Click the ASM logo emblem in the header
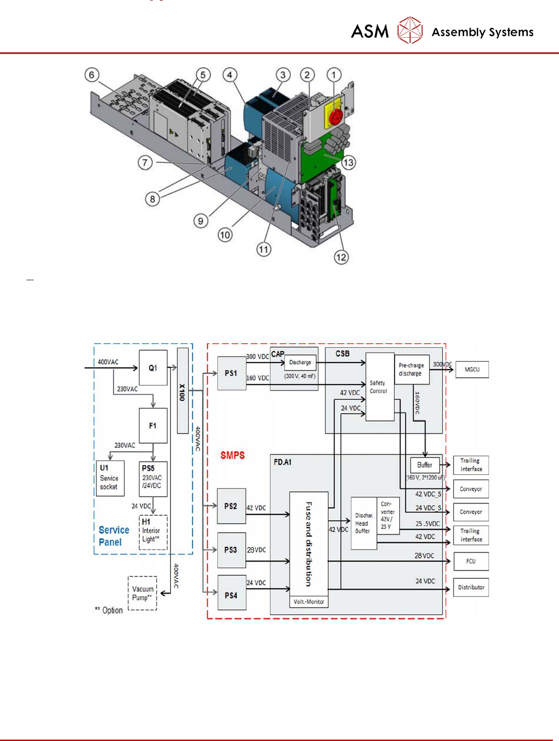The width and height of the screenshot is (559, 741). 410,30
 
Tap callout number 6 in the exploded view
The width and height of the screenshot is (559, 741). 92,75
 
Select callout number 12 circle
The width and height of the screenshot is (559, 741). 341,257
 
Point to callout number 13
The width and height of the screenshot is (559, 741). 348,163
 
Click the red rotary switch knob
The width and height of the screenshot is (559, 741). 335,117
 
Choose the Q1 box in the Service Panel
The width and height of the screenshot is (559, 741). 153,368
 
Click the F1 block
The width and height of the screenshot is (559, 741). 153,426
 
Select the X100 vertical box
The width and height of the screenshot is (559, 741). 183,390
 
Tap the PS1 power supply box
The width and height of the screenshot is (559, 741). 232,373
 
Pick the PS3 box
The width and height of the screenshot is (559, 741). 231,550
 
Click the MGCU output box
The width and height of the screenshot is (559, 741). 472,370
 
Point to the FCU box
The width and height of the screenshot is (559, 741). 471,561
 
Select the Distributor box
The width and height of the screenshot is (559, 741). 471,587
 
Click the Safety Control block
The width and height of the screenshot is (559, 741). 380,387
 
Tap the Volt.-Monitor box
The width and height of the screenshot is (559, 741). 309,602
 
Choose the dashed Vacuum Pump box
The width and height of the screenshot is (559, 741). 142,593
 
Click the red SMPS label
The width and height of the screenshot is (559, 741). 233,455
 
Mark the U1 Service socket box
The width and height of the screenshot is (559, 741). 109,478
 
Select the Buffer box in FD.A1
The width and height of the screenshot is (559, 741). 425,465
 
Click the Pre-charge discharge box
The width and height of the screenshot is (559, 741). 411,370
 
